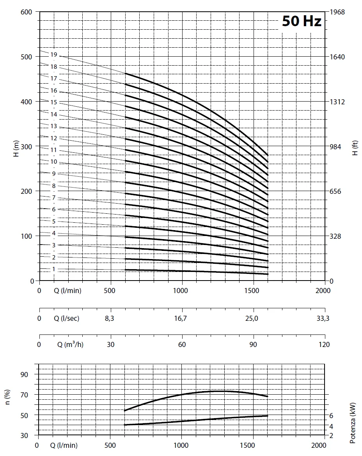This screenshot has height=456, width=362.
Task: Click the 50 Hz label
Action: tap(302, 21)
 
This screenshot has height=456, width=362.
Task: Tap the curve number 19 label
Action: tap(54, 55)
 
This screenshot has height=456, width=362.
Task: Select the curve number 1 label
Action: tap(54, 269)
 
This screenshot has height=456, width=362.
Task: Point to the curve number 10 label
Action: tap(54, 162)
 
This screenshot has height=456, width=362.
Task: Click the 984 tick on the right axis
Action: tap(336, 146)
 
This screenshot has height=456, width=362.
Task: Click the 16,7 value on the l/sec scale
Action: tap(181, 318)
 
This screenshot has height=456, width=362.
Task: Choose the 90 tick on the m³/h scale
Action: tap(253, 345)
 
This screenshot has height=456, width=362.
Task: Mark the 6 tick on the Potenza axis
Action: tap(332, 415)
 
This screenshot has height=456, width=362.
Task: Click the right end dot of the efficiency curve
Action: tap(268, 396)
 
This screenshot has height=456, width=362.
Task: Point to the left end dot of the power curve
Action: tap(124, 424)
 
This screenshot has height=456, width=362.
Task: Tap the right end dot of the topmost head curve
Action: tap(268, 155)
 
